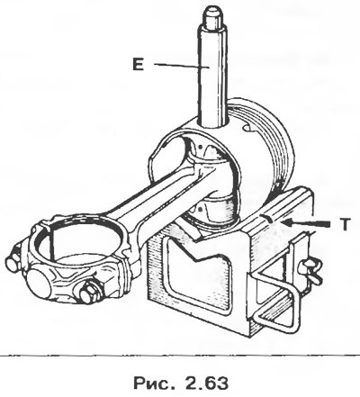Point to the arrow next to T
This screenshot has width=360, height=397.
click(x=304, y=223)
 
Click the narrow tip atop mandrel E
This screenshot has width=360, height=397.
click(x=212, y=14)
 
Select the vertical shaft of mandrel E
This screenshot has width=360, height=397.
click(x=212, y=75)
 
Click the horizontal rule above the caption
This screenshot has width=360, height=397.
click(x=180, y=356)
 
